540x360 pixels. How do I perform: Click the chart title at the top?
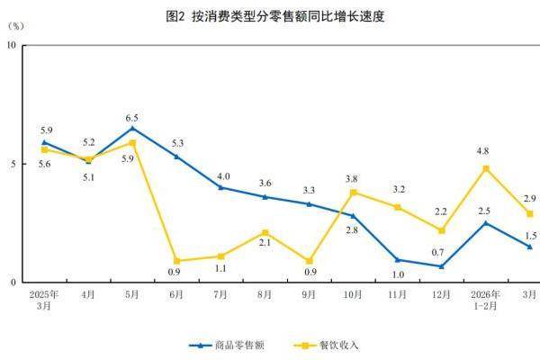[x=269, y=16]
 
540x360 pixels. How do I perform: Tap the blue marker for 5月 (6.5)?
[x=132, y=128]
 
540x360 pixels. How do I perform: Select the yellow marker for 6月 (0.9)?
[x=176, y=261]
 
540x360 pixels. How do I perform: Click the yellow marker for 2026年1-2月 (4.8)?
[x=486, y=168]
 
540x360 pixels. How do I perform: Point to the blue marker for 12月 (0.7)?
[x=442, y=265]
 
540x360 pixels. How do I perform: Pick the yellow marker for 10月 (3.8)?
[x=354, y=192]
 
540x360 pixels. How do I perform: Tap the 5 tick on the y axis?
[x=12, y=164]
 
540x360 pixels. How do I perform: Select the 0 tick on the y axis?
[x=12, y=283]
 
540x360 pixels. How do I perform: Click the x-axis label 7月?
[x=220, y=293]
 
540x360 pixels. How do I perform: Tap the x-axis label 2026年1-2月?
[x=486, y=299]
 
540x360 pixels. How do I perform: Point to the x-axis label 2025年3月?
[x=44, y=299]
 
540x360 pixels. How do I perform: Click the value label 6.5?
[x=132, y=118]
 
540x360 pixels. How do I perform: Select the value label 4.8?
[x=486, y=150]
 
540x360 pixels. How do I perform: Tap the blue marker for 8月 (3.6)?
[x=265, y=196]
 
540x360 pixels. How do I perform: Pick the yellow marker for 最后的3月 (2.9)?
[x=530, y=213]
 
